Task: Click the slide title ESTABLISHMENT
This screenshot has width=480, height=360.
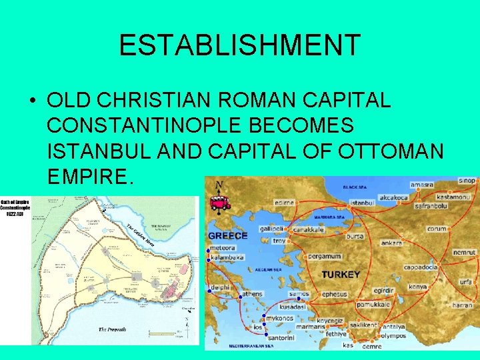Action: click(x=240, y=45)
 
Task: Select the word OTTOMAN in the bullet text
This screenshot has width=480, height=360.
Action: click(x=392, y=151)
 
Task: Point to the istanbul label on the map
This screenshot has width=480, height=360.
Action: click(x=362, y=202)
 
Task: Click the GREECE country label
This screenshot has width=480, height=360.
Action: click(x=228, y=235)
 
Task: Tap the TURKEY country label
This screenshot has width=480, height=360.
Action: click(x=341, y=274)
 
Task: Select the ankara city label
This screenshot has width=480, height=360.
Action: click(x=391, y=243)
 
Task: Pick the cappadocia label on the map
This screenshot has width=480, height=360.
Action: click(x=421, y=267)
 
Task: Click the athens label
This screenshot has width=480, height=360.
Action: click(x=252, y=293)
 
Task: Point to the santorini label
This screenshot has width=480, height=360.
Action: click(x=281, y=337)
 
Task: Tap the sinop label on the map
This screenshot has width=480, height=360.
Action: click(x=468, y=180)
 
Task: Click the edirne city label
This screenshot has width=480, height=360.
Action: click(x=285, y=202)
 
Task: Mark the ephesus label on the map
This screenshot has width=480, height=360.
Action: click(x=335, y=294)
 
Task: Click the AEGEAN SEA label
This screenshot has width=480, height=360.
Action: click(x=270, y=270)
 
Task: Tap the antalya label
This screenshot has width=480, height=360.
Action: click(x=393, y=327)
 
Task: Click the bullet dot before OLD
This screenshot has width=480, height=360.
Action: click(x=33, y=101)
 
